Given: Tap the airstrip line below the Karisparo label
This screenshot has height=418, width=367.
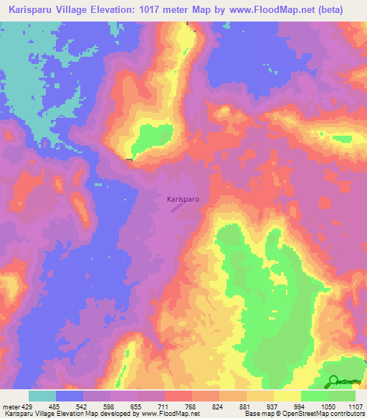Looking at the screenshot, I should [x=178, y=208].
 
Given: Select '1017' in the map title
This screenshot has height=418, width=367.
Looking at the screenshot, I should [x=168, y=10].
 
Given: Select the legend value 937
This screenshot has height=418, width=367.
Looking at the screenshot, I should [x=273, y=406].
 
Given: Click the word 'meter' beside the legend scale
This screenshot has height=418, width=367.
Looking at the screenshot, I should [x=11, y=406].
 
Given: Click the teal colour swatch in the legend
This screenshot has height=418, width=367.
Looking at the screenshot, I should [x=42, y=396].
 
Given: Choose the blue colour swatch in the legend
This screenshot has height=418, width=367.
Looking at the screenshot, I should [x=70, y=396].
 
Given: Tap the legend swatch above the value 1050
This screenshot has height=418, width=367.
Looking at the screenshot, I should [x=315, y=396].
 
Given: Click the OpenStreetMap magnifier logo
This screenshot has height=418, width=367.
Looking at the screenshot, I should [x=333, y=382].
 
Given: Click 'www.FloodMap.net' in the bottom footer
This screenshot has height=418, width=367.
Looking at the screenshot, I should [x=173, y=414].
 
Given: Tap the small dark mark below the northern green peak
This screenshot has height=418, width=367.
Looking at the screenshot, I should [x=129, y=159].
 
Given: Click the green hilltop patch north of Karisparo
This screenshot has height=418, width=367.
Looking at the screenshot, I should [x=148, y=136].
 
